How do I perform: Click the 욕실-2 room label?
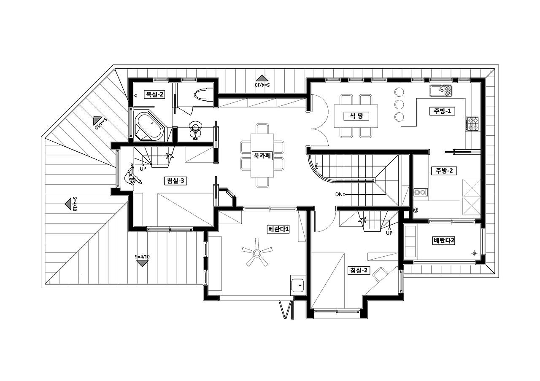(x=154, y=94)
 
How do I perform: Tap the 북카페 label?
(x=262, y=156)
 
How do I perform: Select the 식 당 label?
(x=356, y=116)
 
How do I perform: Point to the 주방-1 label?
(x=442, y=111)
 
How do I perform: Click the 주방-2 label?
(x=444, y=171)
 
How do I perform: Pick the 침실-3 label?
(x=175, y=180)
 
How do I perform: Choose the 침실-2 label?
(x=359, y=270)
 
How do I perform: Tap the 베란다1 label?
(x=278, y=229)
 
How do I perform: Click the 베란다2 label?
(x=443, y=240)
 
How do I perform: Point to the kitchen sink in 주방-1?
(x=441, y=91)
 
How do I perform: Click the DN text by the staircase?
(x=339, y=194)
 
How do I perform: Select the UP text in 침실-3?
(x=143, y=169)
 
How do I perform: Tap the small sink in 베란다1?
(x=297, y=285)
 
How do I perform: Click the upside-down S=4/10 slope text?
(x=262, y=85)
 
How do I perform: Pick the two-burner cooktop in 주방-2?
(x=421, y=192)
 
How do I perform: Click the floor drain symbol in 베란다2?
(x=474, y=253)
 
